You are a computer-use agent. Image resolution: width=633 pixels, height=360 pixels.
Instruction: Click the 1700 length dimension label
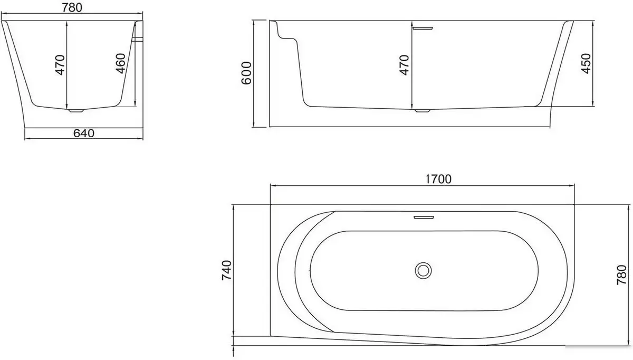pos(438,179)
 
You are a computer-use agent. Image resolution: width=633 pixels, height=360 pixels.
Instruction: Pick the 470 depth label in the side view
pos(404,64)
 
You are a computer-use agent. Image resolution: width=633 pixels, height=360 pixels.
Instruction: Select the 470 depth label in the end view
pos(60,64)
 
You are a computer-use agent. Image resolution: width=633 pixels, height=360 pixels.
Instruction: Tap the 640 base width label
pos(83,133)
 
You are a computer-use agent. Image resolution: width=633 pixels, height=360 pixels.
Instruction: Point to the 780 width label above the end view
pos(73,7)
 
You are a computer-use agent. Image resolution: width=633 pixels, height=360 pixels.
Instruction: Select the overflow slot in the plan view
pos(423,216)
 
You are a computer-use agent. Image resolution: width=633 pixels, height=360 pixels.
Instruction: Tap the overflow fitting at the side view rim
pos(423,28)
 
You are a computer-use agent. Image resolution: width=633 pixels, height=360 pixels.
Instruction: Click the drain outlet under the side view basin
pos(423,111)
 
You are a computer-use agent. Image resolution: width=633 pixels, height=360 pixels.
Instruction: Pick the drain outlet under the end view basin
pos(76,111)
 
